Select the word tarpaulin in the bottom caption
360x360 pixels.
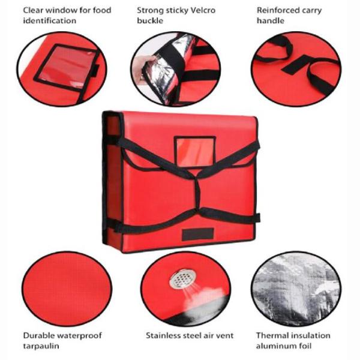41,346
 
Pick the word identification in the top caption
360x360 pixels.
50,20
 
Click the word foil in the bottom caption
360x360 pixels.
305,346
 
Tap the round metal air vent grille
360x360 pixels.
183,278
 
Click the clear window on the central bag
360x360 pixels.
195,152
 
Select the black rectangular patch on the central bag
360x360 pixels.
198,235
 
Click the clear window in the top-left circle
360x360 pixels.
67,68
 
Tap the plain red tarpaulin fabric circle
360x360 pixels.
67,289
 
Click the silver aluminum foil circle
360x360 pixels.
296,289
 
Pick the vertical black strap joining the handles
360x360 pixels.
197,193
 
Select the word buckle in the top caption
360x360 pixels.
150,20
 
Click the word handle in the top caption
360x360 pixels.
271,20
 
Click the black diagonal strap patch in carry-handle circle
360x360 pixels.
296,65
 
